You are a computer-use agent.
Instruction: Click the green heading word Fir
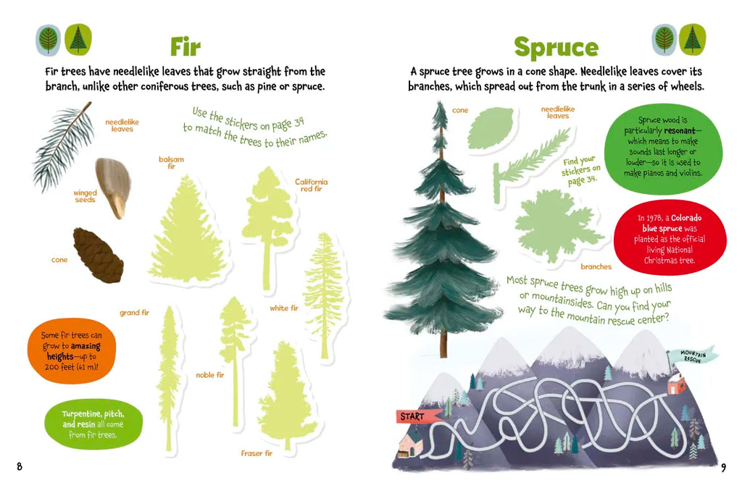coord(185,46)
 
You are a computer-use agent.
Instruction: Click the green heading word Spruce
coord(556,48)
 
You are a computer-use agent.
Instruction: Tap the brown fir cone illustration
coord(99,256)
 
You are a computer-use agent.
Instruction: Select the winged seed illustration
coord(113,187)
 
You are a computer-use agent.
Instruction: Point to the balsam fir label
coord(171,163)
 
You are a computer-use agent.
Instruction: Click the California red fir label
coord(311,185)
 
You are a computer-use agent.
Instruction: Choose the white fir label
coord(284,308)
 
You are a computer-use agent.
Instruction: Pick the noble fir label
coord(210,375)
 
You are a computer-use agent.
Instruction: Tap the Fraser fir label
coord(257,453)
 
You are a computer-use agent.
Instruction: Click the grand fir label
coord(134,313)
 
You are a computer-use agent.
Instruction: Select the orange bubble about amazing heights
coord(72,350)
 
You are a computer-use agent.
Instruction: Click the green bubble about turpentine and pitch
coord(93,424)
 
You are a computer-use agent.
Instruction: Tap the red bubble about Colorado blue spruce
coord(670,237)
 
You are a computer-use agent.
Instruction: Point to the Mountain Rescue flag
coord(693,356)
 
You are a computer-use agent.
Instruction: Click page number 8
coord(20,467)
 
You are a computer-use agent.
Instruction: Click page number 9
coord(724,468)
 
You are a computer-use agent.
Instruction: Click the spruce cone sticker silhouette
coord(491,128)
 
